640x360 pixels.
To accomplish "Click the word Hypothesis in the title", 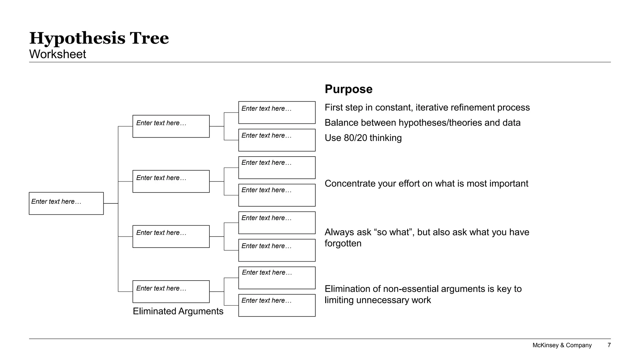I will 77,39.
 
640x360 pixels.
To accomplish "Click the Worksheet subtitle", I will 57,54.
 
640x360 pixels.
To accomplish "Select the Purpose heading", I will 348,89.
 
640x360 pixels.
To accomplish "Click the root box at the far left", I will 66,203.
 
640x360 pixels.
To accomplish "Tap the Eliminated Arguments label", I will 178,311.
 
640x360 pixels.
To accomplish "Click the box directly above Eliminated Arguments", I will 171,292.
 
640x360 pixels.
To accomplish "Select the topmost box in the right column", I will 277,112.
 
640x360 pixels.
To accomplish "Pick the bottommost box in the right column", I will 277,305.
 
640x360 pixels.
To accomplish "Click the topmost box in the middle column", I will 171,126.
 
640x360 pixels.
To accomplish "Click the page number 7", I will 609,345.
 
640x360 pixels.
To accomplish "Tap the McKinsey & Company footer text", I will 562,345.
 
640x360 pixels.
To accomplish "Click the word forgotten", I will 343,243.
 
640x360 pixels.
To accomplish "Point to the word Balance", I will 341,123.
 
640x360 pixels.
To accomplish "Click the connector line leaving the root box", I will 111,203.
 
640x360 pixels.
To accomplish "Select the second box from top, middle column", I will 171,181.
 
